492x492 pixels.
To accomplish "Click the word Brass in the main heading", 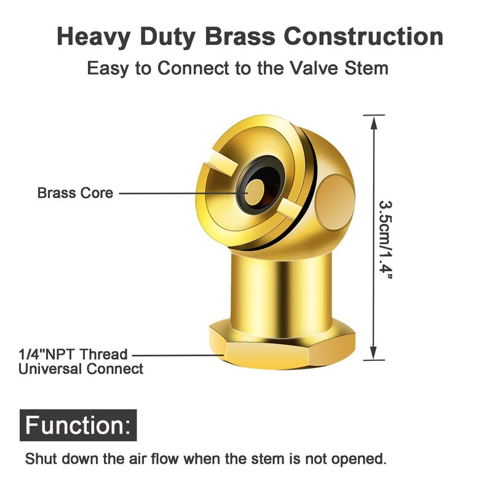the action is click(x=240, y=36).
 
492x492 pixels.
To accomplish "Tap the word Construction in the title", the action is click(x=363, y=36).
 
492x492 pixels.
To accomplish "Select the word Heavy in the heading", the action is click(x=93, y=38).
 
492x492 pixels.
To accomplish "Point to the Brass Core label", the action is click(x=75, y=192).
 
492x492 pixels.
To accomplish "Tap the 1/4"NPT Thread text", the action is click(x=73, y=354).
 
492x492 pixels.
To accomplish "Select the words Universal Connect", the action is click(x=81, y=368).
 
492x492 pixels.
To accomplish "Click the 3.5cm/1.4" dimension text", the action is click(x=386, y=239).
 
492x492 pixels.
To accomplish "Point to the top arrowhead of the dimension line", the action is click(x=373, y=122).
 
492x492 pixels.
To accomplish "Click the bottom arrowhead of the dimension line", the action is click(x=373, y=352).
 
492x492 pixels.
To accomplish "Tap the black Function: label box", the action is click(x=78, y=425).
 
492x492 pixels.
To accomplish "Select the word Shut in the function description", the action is click(x=41, y=459).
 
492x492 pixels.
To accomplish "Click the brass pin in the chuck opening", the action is click(x=254, y=192).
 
